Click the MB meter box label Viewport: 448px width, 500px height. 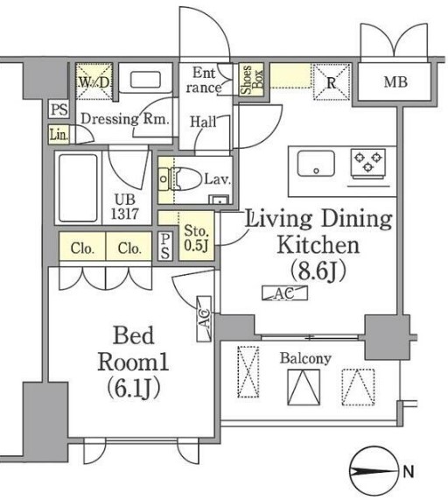coord(395,82)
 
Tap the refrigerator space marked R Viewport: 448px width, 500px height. coord(332,81)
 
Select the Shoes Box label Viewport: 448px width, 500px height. coord(252,80)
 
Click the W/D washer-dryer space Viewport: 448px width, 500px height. coord(94,81)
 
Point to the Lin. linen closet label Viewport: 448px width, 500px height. coord(59,135)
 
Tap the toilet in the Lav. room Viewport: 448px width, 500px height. coord(180,180)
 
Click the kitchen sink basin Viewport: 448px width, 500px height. coord(316,163)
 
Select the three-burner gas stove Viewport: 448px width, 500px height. coord(368,162)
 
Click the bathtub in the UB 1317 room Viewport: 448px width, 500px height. coord(78,188)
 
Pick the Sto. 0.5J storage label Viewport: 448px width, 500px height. coord(197,238)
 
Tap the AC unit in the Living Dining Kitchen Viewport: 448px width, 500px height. coord(284,293)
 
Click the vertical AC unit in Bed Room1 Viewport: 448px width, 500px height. coord(204,319)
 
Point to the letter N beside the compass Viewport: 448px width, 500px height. coord(408,471)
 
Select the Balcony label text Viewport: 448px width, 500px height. coord(305,359)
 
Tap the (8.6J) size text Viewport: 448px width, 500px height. coord(318,271)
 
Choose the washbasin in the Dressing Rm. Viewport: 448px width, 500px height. coord(145,80)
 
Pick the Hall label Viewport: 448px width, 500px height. coord(203,122)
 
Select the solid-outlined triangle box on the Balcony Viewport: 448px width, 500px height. coord(304,387)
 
